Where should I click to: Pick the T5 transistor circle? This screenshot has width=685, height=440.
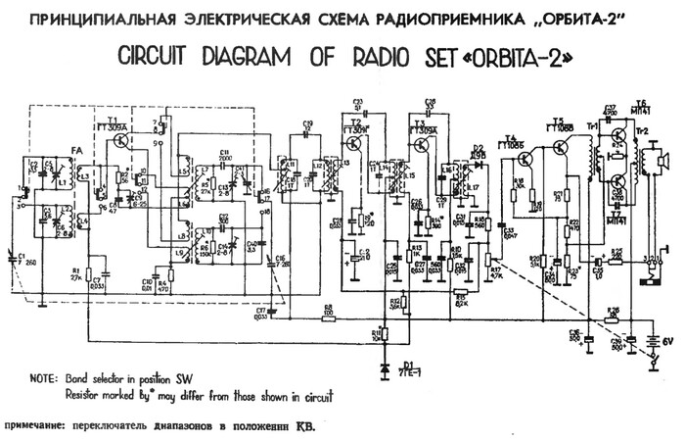(x=559, y=148)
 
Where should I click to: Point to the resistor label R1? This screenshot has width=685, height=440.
(x=74, y=269)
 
